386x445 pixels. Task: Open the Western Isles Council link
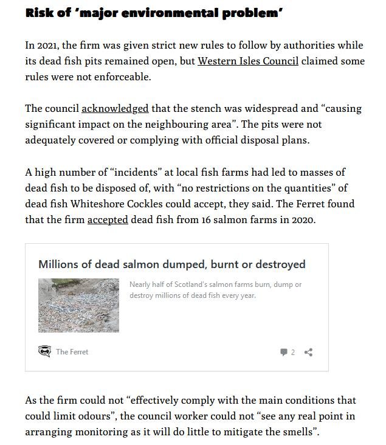(248, 61)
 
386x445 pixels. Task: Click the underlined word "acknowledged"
(115, 108)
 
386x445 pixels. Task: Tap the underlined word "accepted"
(108, 219)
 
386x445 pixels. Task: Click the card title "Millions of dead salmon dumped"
(171, 264)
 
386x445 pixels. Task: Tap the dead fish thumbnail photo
(78, 305)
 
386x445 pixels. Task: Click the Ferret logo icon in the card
(44, 351)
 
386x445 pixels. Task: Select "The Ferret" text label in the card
(72, 351)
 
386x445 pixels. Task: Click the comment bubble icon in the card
(283, 352)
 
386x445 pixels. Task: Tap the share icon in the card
(308, 352)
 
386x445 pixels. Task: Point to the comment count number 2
(292, 352)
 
